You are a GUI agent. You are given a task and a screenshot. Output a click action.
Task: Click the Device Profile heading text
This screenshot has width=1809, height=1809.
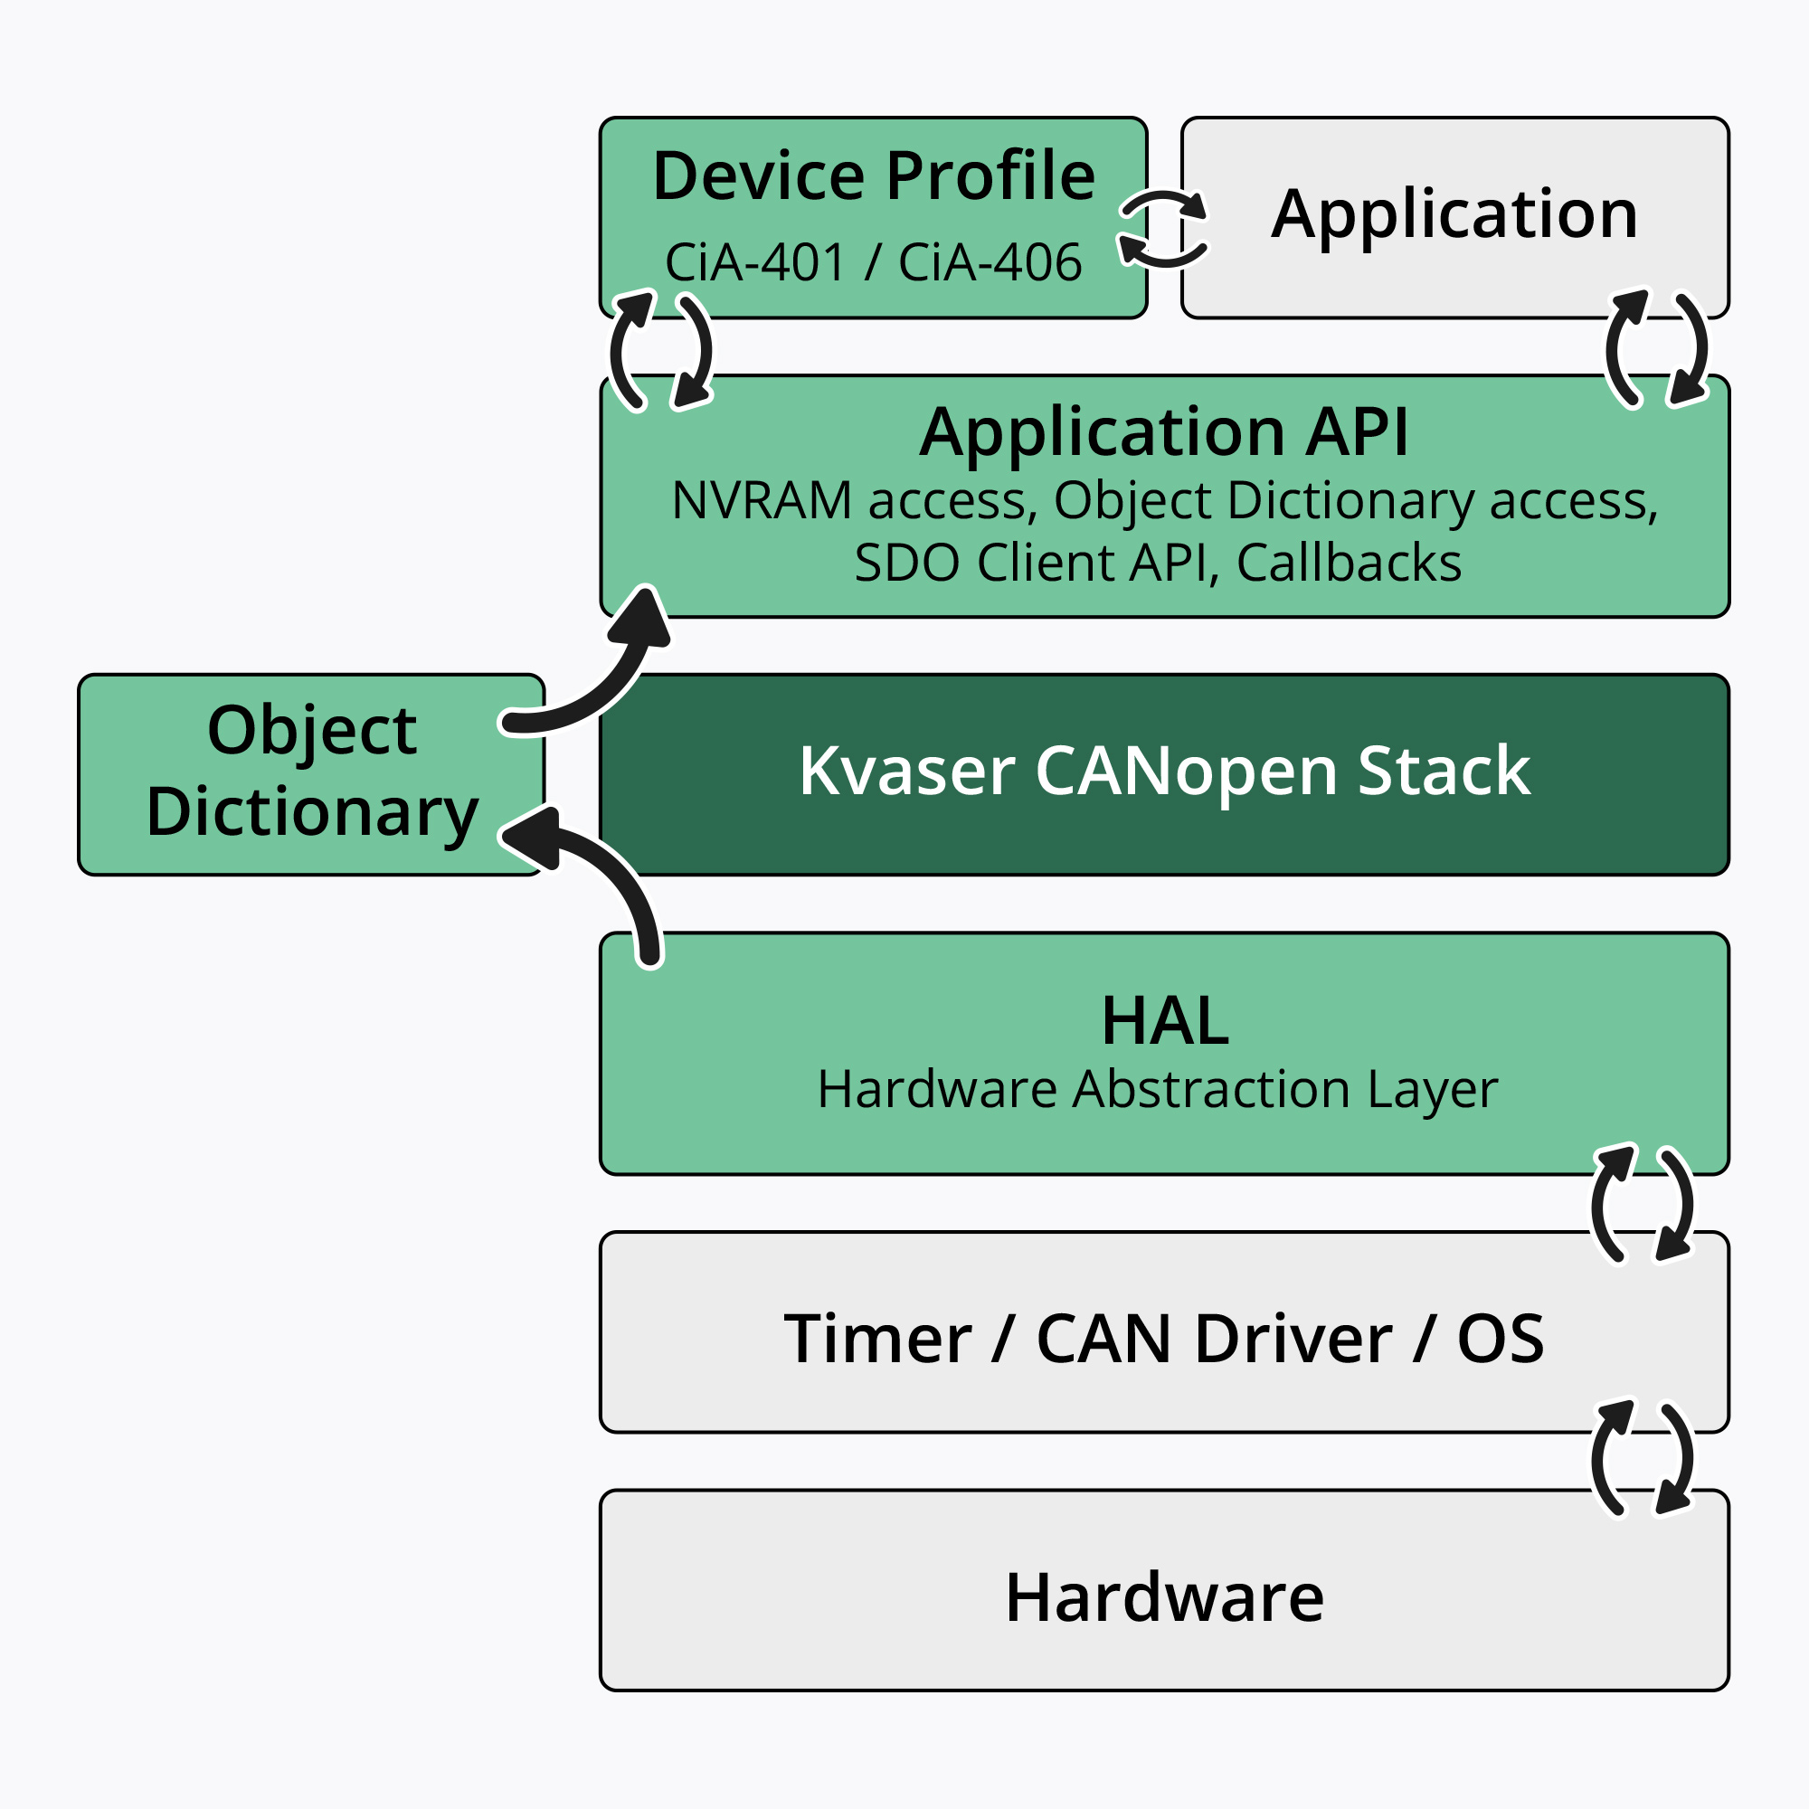(873, 176)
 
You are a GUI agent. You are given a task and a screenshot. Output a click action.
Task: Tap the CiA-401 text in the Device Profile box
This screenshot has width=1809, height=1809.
(754, 262)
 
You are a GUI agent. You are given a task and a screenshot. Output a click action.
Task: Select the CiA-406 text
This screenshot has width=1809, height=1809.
(990, 262)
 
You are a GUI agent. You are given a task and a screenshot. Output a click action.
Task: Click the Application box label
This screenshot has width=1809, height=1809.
(1454, 215)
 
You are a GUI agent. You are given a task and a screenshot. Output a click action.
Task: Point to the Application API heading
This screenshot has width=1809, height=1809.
(1163, 432)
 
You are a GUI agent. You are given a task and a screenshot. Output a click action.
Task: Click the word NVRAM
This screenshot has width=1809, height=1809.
(762, 501)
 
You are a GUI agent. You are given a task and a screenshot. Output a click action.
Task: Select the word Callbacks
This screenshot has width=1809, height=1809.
(1349, 564)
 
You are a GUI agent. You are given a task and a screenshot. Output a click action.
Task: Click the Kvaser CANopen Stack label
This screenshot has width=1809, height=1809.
(1164, 771)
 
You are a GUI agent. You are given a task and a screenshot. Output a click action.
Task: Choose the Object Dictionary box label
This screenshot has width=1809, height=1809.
(312, 771)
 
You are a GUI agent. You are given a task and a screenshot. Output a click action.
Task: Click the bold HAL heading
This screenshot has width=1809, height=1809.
(1164, 1021)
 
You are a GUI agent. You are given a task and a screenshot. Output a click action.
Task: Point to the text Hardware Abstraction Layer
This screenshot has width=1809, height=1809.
(1158, 1090)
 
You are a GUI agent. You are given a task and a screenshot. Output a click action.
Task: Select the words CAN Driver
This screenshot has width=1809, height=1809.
(1214, 1339)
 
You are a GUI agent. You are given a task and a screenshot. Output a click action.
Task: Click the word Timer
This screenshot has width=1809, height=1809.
(877, 1339)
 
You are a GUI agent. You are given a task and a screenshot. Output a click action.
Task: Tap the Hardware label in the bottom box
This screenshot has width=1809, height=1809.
(1164, 1597)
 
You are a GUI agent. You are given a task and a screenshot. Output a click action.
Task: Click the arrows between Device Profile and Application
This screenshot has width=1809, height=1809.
(1163, 230)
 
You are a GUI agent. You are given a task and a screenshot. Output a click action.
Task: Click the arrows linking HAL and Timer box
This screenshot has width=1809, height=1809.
(1642, 1203)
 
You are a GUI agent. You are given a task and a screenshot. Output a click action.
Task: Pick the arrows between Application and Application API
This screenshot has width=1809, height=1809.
(1655, 349)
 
